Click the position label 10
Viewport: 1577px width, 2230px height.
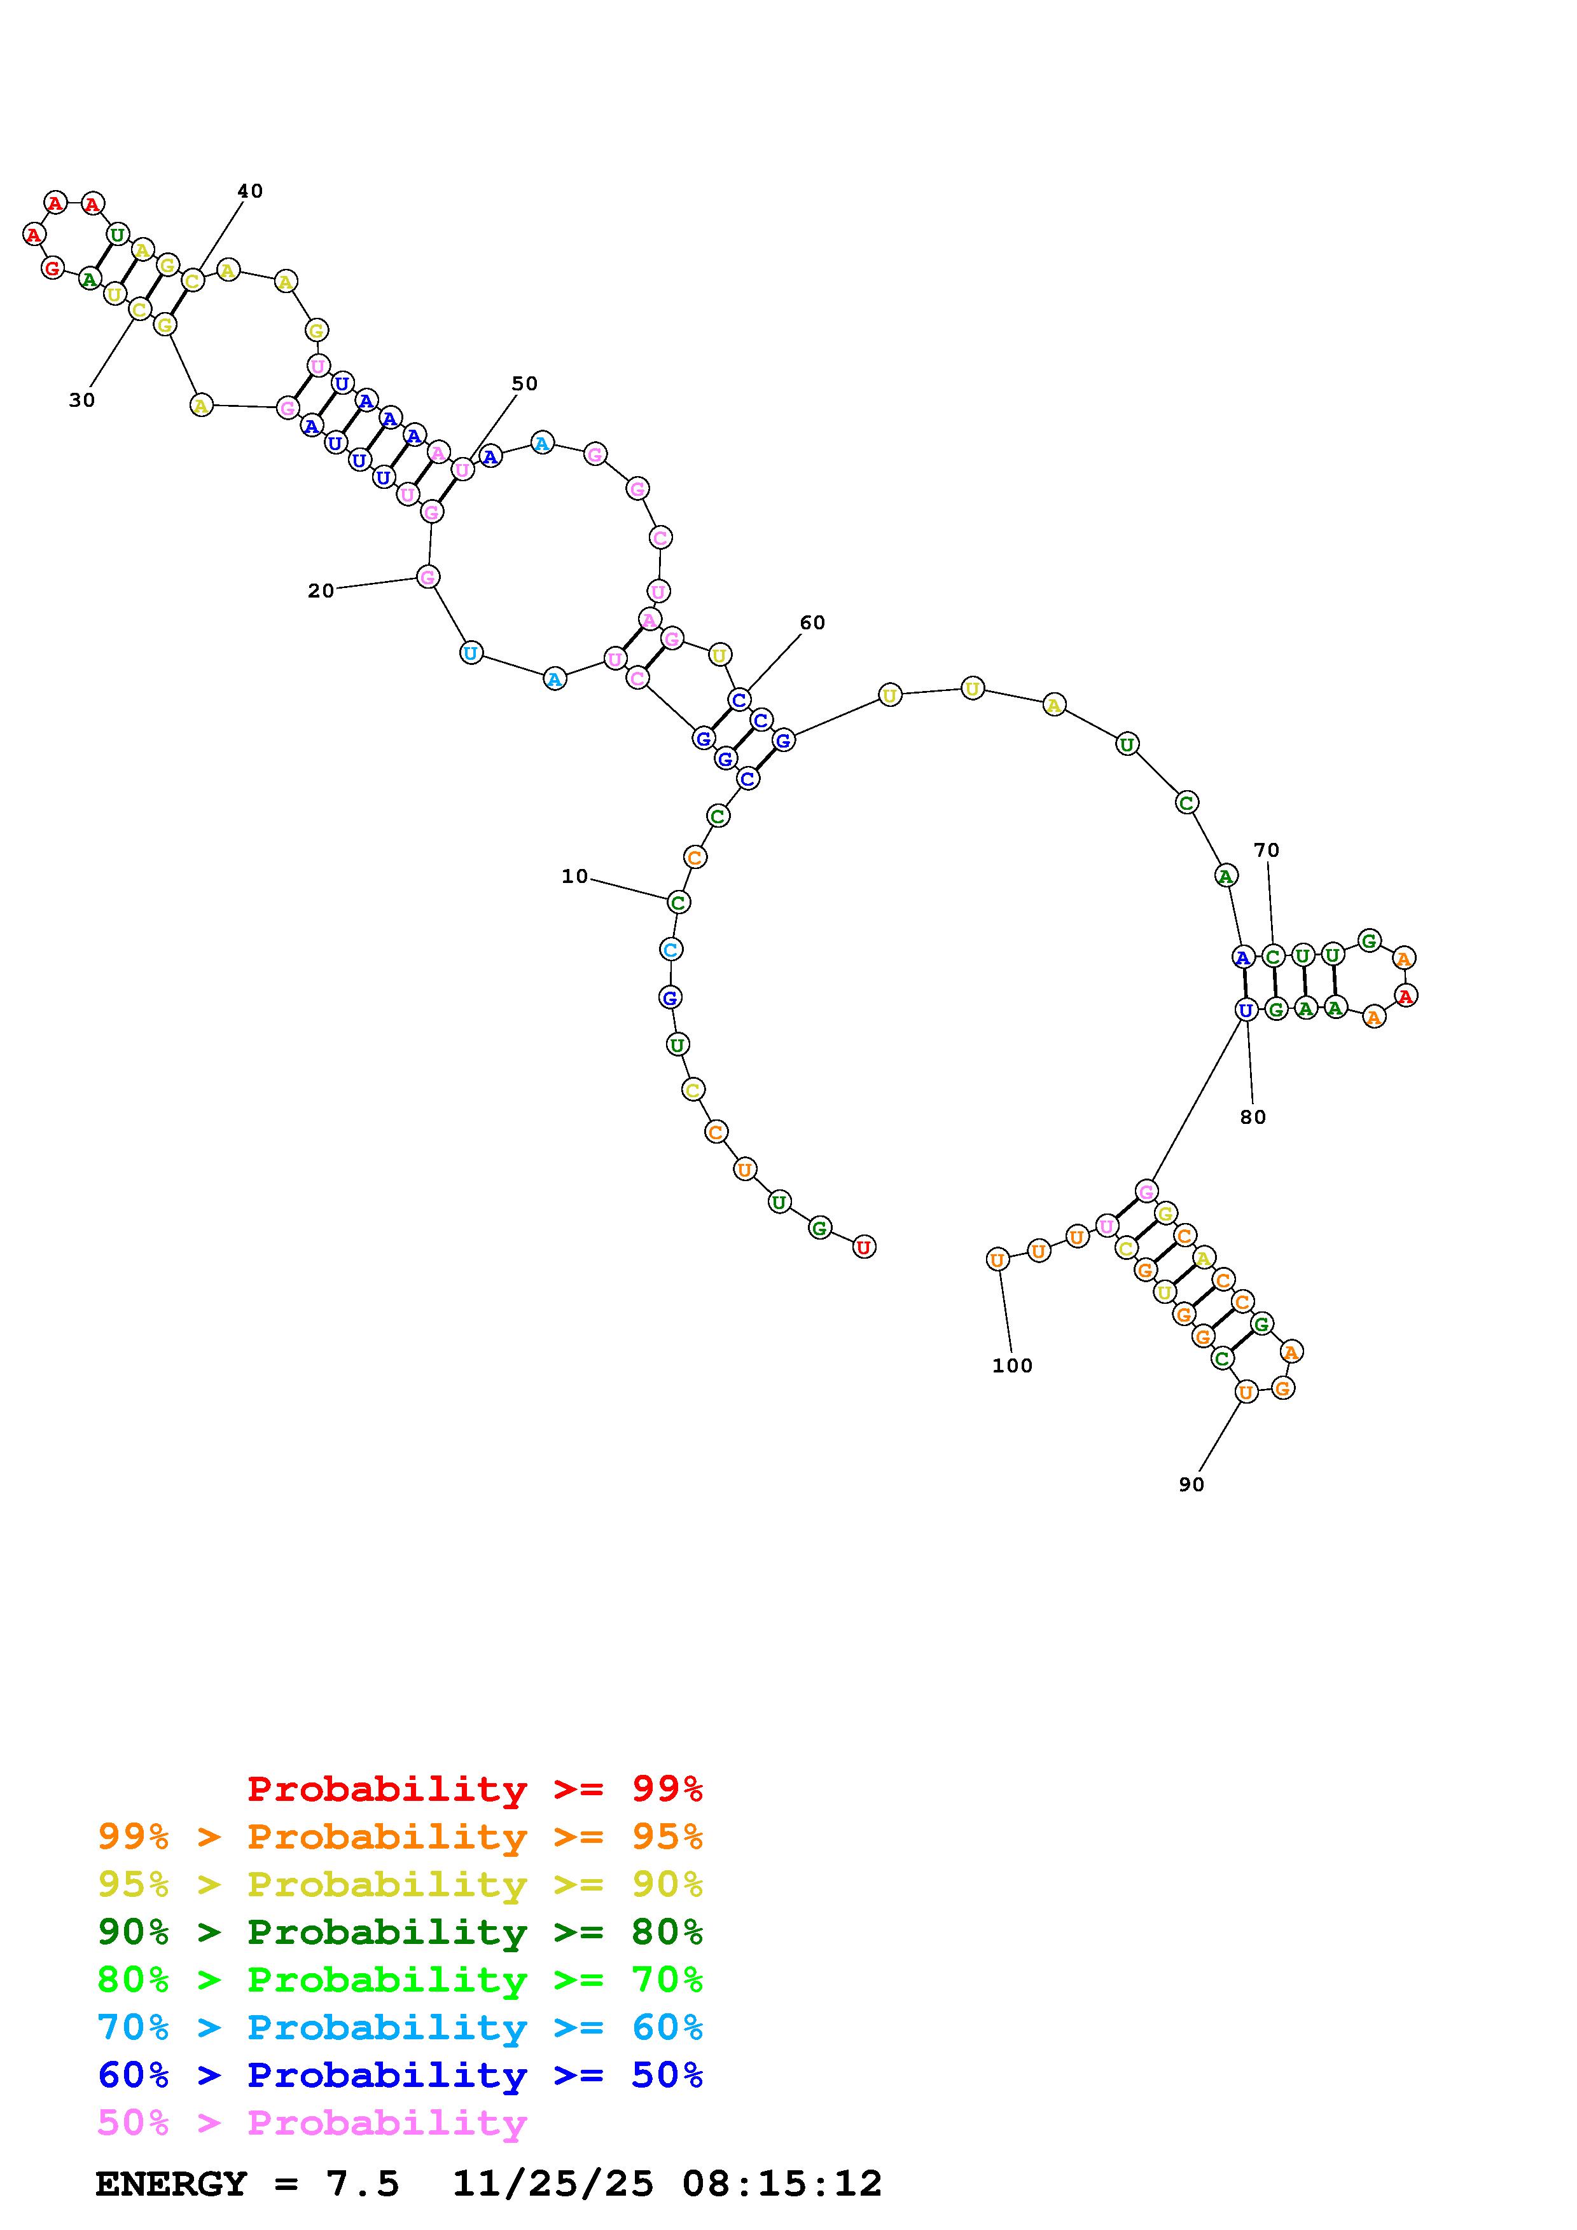click(x=574, y=876)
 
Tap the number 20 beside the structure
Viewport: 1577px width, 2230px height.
click(x=321, y=591)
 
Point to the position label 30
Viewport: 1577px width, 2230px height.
click(x=81, y=400)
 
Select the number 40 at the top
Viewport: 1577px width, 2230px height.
click(x=250, y=191)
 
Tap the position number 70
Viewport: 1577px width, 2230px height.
click(x=1266, y=850)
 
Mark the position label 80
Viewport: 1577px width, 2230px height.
click(x=1253, y=1117)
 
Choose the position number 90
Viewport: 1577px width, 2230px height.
click(x=1191, y=1484)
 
